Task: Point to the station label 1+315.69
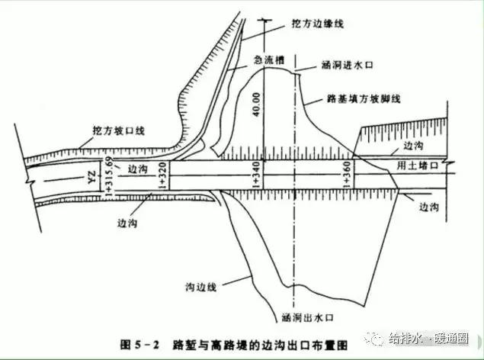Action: (x=109, y=175)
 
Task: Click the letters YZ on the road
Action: (x=91, y=178)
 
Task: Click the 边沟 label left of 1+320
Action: (x=139, y=169)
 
